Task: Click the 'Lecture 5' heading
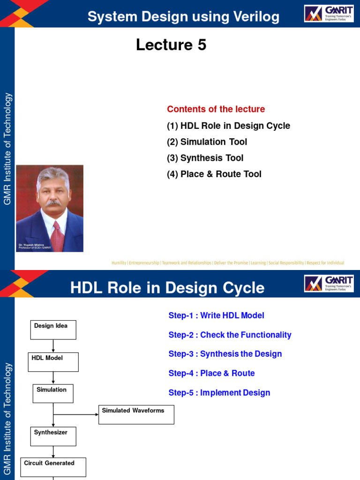tap(171, 45)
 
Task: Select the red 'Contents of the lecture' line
tap(216, 109)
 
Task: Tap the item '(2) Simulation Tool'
tap(207, 142)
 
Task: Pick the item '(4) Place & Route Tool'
tap(214, 174)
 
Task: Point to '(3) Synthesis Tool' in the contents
tap(205, 158)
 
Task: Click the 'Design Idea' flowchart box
tap(53, 330)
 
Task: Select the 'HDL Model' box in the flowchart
tap(53, 362)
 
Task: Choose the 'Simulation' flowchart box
tap(53, 393)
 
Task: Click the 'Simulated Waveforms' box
tap(136, 414)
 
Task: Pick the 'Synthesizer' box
tap(53, 436)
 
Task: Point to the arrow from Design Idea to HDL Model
tap(53, 346)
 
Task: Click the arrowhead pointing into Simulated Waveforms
tap(96, 414)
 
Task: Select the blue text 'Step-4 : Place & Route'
tap(211, 373)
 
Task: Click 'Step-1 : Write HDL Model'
tap(216, 315)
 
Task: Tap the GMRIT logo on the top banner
tap(328, 14)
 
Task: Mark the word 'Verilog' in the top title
tap(253, 17)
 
